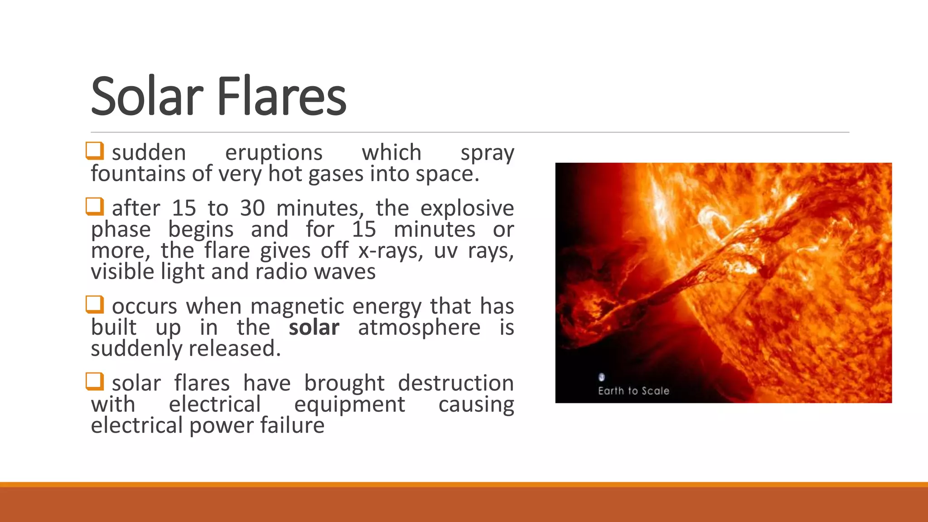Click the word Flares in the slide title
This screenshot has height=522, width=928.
[282, 96]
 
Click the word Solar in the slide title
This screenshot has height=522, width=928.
[147, 96]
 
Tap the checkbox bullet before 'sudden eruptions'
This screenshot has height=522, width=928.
[95, 151]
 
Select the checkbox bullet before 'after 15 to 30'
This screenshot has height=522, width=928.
[95, 207]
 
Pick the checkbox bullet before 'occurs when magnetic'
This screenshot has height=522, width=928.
[95, 304]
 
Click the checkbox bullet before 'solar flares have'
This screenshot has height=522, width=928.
[95, 382]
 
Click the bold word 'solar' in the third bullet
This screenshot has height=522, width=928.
[314, 328]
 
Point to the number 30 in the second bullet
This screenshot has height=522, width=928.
[252, 208]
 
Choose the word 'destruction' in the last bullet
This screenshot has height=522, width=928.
[456, 383]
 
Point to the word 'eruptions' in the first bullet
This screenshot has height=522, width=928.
[274, 153]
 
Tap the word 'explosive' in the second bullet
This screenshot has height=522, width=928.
[467, 208]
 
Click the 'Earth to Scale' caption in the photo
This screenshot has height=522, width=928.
[633, 391]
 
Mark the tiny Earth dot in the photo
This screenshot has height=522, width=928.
[602, 377]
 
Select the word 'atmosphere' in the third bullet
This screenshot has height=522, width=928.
[419, 328]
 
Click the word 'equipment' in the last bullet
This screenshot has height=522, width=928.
[349, 405]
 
